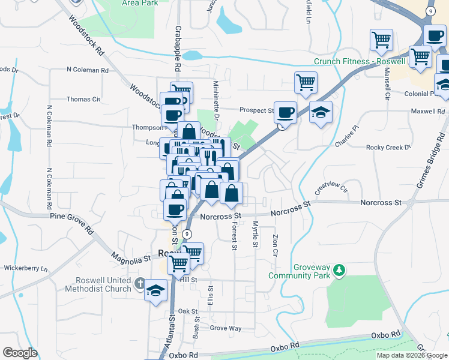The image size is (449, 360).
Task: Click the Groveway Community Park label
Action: point(300,271)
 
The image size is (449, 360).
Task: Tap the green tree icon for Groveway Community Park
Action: point(340,271)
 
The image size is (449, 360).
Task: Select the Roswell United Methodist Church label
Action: point(103,284)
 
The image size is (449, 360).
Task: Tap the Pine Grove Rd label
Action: point(73,223)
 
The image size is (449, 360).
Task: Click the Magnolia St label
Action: point(130,259)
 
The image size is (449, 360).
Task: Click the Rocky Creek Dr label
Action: point(388,146)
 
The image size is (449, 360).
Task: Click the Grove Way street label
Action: point(226,328)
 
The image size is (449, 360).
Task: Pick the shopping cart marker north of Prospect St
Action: point(306,82)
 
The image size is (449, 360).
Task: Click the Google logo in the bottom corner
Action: point(19,353)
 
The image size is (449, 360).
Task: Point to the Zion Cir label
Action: point(276,246)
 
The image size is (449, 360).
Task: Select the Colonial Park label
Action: point(423,94)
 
